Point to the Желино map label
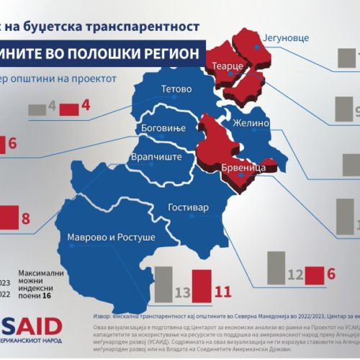249,123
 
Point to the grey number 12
295,274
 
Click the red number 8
26,217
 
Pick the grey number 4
52,107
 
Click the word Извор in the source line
106,315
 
